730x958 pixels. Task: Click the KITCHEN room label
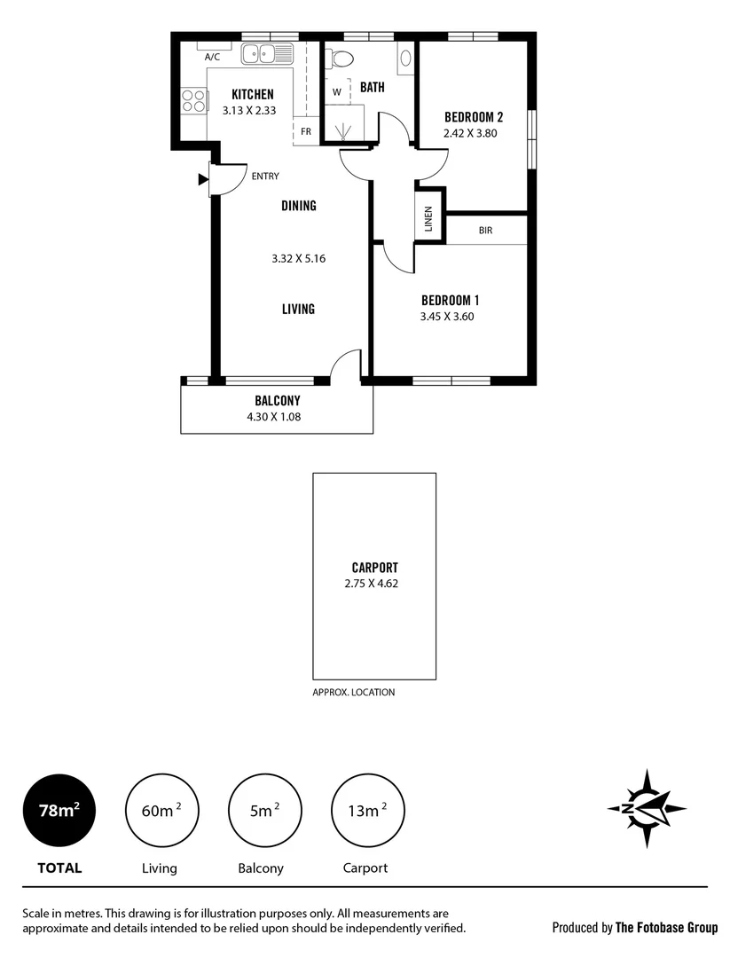pos(252,95)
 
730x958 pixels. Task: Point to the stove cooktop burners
pos(192,102)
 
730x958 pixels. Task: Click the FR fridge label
pos(305,132)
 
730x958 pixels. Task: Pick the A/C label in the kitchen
pos(213,57)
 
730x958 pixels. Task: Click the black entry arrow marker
pos(203,180)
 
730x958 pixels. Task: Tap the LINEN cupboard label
pos(428,218)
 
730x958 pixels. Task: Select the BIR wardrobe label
pos(485,230)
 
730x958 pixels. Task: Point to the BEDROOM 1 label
pos(450,300)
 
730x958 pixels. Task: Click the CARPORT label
pos(374,568)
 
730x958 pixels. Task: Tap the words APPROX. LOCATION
pos(354,693)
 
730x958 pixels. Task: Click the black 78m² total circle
pos(60,809)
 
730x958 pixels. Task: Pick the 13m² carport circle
pos(366,809)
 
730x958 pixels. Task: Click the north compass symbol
pos(647,808)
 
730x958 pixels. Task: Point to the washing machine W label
pos(337,91)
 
